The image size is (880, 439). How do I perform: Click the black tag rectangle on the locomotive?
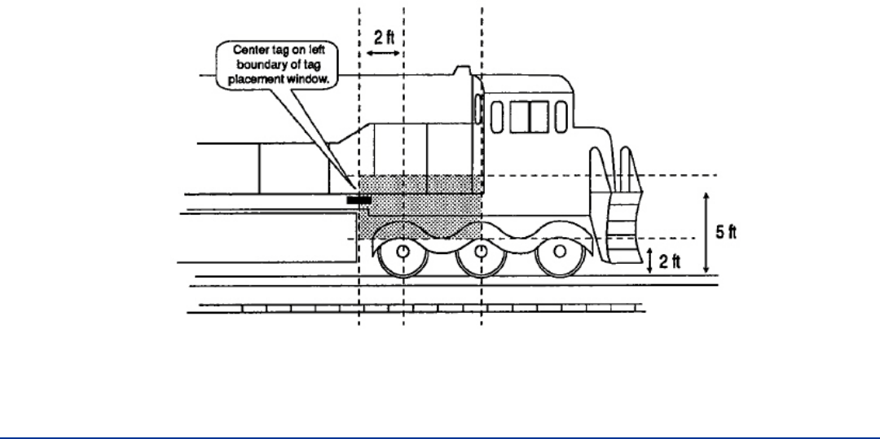point(359,199)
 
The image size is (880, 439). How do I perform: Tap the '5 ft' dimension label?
point(726,232)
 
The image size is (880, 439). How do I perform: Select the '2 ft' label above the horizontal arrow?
point(381,37)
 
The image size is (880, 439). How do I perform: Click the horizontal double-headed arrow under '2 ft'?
point(381,53)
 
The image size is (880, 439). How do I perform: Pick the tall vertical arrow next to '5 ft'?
point(706,232)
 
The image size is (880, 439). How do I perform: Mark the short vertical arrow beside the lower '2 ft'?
point(650,261)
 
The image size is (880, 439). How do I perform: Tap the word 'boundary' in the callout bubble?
point(253,65)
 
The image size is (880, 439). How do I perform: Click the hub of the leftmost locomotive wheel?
point(403,251)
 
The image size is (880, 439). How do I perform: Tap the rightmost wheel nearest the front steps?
point(558,251)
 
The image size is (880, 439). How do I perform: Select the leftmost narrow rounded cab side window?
point(497,116)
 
